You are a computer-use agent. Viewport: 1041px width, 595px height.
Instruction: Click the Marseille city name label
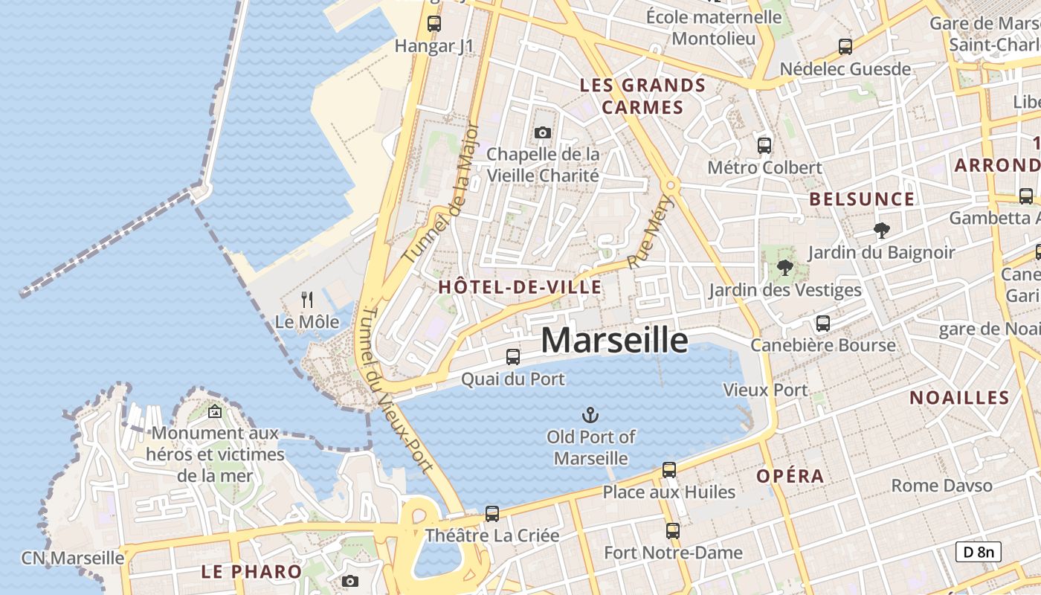[x=614, y=340]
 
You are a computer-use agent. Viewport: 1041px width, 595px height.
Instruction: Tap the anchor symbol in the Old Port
[x=590, y=414]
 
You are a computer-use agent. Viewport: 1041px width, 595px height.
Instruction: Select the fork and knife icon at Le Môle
[x=306, y=300]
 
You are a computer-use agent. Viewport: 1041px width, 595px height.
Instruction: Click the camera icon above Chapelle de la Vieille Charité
[x=543, y=132]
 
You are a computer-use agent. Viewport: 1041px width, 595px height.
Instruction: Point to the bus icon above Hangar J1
[x=434, y=24]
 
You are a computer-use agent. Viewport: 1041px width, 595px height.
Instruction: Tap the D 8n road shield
[x=979, y=552]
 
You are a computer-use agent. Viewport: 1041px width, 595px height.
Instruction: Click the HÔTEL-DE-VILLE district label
[x=520, y=287]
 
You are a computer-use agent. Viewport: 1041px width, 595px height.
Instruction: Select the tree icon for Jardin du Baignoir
[x=882, y=231]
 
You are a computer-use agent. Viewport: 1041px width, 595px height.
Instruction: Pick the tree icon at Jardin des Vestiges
[x=784, y=268]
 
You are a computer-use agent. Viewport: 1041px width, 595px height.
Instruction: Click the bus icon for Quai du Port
[x=513, y=357]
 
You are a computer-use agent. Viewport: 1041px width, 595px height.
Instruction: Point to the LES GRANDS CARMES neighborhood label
[x=642, y=96]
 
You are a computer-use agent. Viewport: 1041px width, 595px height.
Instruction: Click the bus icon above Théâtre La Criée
[x=492, y=513]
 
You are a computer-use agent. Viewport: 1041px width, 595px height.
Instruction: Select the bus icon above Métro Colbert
[x=764, y=145]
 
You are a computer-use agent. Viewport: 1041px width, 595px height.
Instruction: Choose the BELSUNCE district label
[x=862, y=199]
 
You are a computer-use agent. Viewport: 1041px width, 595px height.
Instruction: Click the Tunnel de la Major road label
[x=441, y=192]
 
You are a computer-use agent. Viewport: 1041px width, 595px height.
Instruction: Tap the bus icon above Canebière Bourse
[x=822, y=324]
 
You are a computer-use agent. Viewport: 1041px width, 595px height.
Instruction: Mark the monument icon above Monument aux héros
[x=215, y=411]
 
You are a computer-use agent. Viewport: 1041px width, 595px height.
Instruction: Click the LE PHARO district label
[x=251, y=572]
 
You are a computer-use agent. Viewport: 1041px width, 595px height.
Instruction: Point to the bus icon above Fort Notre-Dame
[x=673, y=530]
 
